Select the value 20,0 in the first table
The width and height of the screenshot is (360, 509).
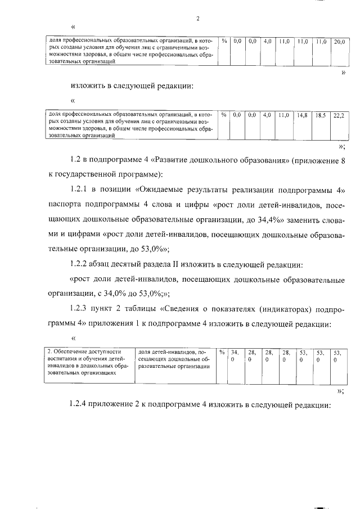coord(340,42)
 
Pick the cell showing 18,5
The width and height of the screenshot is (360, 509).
coord(321,115)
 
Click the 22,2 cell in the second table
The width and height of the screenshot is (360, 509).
coord(339,115)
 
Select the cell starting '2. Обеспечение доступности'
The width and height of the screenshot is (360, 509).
coord(88,362)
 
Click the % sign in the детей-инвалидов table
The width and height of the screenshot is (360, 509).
coord(222,353)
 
